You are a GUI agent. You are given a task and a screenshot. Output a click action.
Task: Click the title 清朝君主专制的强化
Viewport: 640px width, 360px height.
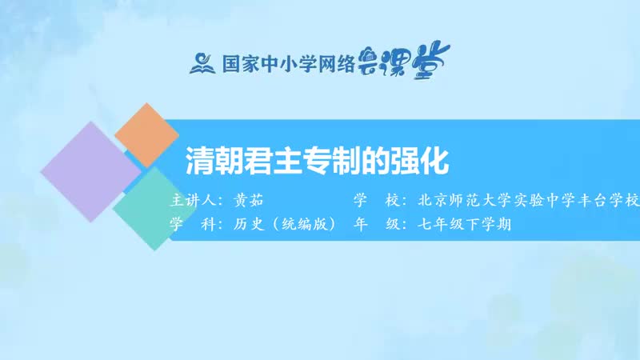tap(318, 160)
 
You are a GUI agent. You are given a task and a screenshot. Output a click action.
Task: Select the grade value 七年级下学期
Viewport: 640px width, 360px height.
tap(463, 225)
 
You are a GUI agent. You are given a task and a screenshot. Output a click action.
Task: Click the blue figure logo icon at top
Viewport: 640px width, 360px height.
tap(201, 62)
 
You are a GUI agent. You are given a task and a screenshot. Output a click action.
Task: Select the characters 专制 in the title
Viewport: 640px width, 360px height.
tap(318, 160)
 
